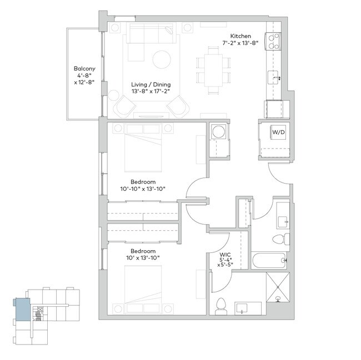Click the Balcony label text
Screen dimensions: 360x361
85,69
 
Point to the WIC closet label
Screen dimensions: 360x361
224,255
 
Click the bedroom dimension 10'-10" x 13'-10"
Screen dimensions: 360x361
143,189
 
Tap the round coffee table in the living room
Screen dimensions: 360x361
163,59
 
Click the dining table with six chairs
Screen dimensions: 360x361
213,65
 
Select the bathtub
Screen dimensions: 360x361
269,260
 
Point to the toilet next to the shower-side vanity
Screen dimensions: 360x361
222,306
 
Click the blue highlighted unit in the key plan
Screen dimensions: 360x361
23,308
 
